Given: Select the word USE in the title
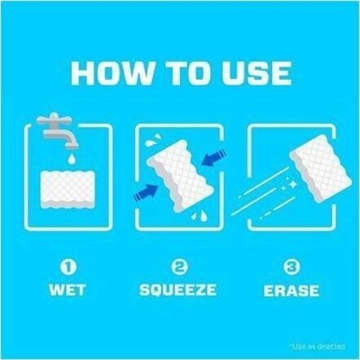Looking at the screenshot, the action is pyautogui.click(x=257, y=73).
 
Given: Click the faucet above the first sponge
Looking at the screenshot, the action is pyautogui.click(x=58, y=130).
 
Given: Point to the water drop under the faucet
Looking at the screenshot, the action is pyautogui.click(x=72, y=158).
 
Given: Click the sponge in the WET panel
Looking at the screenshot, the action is pyautogui.click(x=68, y=190).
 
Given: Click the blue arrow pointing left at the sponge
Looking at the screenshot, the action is pyautogui.click(x=215, y=157).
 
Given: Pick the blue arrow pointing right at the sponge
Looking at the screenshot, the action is pyautogui.click(x=145, y=191).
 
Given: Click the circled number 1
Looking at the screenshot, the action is pyautogui.click(x=68, y=266).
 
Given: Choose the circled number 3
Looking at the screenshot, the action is pyautogui.click(x=292, y=266).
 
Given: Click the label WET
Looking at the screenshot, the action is pyautogui.click(x=68, y=290).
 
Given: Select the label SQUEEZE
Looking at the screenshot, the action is pyautogui.click(x=178, y=290).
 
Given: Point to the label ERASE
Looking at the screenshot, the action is pyautogui.click(x=292, y=290).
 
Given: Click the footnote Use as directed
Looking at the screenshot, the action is pyautogui.click(x=318, y=346).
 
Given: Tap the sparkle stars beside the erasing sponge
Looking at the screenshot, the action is pyautogui.click(x=289, y=186).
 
